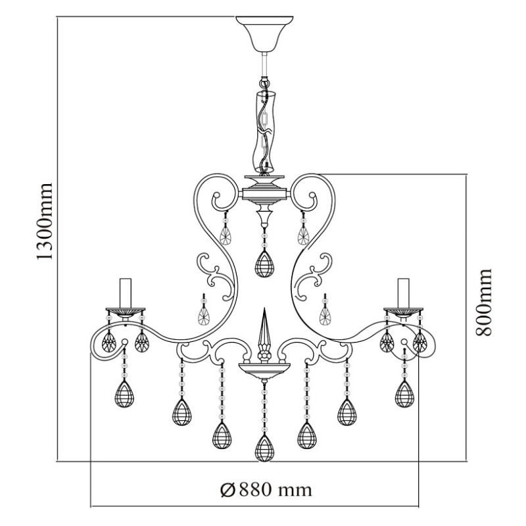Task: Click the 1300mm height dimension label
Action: pos(44,222)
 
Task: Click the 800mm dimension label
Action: pos(483,302)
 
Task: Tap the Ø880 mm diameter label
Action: pos(266,490)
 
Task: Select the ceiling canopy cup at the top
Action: pos(264,34)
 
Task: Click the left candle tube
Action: pos(126,293)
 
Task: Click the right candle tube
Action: pos(403,293)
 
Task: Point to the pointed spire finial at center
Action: pos(265,331)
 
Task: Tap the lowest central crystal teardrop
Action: pos(265,448)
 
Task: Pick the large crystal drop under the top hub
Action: pos(264,264)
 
